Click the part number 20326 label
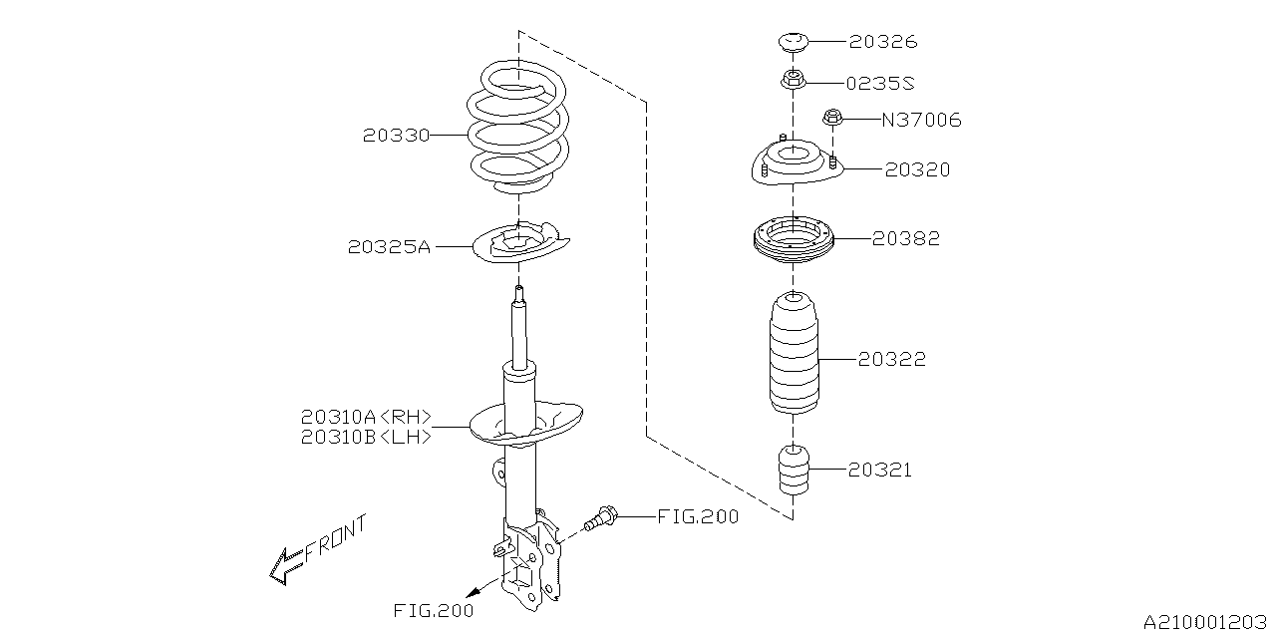(x=883, y=42)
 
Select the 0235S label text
(x=882, y=83)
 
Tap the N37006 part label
(x=921, y=121)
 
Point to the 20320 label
(x=917, y=170)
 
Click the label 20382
(x=906, y=239)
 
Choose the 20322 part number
(x=892, y=359)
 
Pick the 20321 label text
(x=879, y=470)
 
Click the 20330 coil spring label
(x=396, y=136)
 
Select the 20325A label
(x=389, y=246)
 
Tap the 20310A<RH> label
(x=366, y=418)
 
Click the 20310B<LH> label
(x=366, y=437)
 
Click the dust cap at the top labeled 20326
(x=793, y=43)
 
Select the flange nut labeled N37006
(x=832, y=119)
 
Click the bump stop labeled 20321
(x=794, y=471)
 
